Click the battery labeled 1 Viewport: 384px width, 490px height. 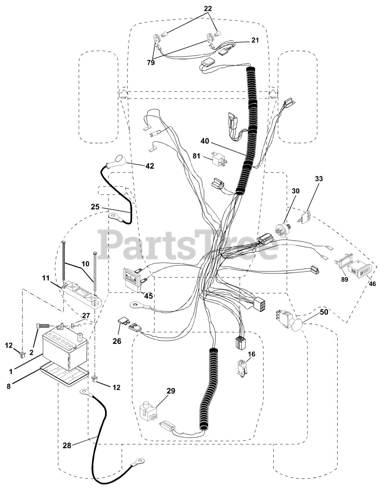click(x=64, y=349)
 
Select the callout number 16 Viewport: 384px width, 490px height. click(x=251, y=354)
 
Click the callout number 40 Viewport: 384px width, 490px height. click(x=204, y=141)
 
